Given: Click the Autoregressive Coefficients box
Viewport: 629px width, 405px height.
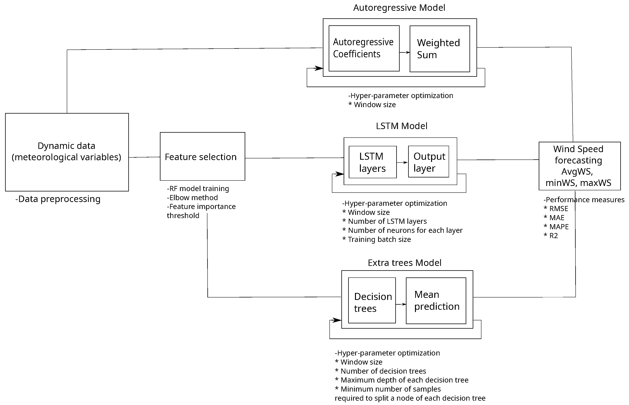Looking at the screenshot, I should (x=364, y=48).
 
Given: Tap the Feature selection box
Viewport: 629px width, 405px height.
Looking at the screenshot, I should (x=202, y=156).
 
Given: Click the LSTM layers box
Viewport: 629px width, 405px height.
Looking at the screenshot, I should (x=372, y=162).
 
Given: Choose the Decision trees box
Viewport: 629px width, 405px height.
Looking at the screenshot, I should (x=372, y=300).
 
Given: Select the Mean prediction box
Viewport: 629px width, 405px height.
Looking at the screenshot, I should (x=436, y=301).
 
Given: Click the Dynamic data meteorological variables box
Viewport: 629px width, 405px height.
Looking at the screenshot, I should (x=67, y=152).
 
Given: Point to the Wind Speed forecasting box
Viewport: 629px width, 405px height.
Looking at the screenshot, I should (x=579, y=166).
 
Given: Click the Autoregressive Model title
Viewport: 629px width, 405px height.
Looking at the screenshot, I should (x=399, y=8).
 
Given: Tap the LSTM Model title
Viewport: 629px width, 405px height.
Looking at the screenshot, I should (x=402, y=126).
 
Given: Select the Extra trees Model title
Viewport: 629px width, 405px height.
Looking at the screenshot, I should (x=404, y=263).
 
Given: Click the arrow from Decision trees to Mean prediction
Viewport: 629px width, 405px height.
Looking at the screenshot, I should (x=401, y=304).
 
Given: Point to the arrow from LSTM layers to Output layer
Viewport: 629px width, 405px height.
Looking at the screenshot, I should (x=402, y=163).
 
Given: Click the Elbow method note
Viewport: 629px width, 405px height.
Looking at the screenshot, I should (x=192, y=197).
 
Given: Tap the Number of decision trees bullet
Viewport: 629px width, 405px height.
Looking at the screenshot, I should (x=381, y=371).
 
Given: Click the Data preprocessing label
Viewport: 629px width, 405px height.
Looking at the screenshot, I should (x=58, y=199).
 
